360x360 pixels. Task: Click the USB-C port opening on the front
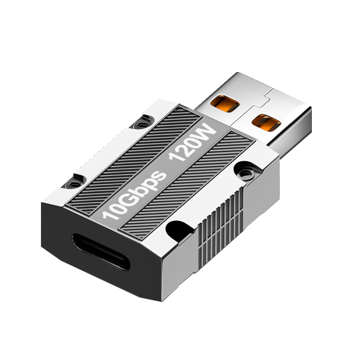pos(101,252)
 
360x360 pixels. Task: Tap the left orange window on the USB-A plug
pos(225,103)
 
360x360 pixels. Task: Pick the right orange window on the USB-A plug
pos(266,122)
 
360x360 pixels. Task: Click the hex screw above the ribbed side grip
pos(245,173)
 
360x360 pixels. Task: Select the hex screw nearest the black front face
pos(73,184)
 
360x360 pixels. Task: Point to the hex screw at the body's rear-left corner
pos(140,125)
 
